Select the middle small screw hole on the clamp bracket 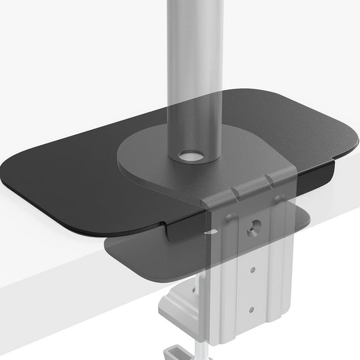pos(252,271)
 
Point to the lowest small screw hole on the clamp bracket pos(251,309)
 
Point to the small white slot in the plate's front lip pos(215,232)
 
